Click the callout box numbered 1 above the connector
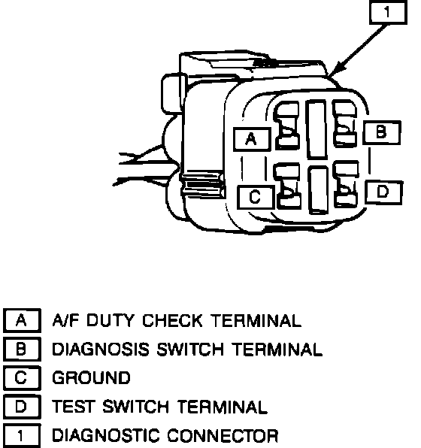(388, 13)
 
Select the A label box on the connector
(252, 139)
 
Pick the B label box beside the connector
(382, 132)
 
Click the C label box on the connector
(255, 197)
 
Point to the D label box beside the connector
(383, 192)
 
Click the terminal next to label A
(287, 126)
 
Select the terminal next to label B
(344, 123)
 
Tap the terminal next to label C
(288, 186)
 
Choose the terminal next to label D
(347, 183)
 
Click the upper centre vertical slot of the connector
(317, 129)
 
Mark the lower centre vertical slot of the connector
(318, 189)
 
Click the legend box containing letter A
(22, 320)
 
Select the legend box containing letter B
(22, 349)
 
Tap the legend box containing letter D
(22, 407)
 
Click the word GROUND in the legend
(91, 377)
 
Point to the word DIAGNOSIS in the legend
(101, 349)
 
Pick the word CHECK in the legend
(172, 320)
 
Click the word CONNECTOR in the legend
(223, 436)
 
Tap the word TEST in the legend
(73, 407)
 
